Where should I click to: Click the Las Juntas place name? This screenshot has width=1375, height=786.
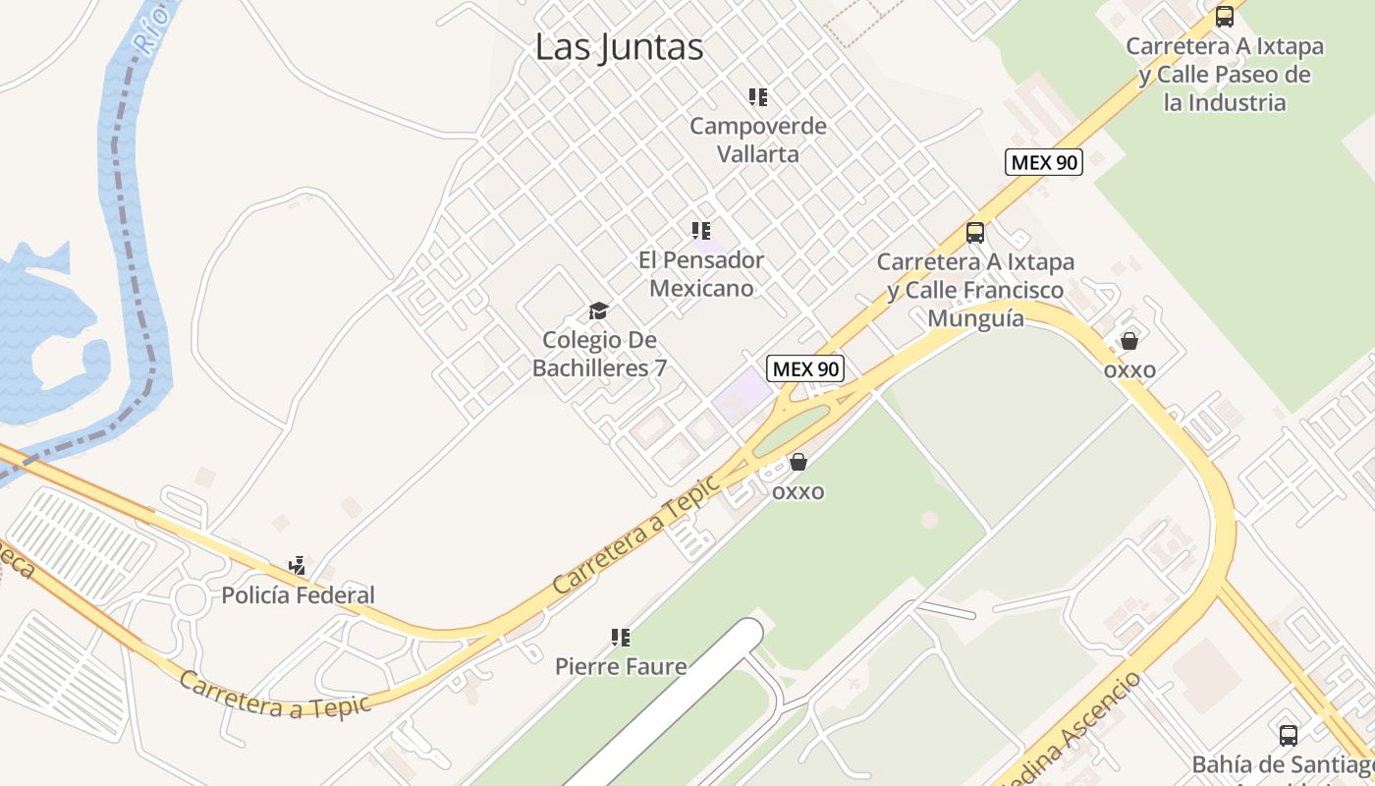coord(620,47)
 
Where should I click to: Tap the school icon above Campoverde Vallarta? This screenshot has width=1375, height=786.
coord(757,97)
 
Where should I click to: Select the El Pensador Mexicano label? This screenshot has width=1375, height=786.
coord(701,274)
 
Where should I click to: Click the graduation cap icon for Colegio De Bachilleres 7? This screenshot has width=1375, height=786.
coord(598,311)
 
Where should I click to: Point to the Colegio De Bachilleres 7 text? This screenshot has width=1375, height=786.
coord(599,355)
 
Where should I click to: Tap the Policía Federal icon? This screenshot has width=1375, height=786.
coord(297,566)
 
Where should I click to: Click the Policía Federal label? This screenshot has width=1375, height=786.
coord(298,595)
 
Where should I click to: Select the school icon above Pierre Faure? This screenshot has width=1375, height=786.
coord(620,638)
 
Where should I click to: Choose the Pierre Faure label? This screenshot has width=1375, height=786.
coord(621,666)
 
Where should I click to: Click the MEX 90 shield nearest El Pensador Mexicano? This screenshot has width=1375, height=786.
coord(805,368)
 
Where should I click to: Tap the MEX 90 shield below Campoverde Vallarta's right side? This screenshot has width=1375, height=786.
coord(1043,162)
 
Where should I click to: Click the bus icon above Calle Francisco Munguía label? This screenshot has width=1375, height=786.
coord(974,233)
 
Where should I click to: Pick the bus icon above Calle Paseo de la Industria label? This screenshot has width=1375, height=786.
coord(1224,17)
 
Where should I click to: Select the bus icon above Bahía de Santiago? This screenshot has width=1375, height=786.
coord(1288,735)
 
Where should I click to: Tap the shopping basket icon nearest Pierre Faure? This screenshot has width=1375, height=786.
coord(798,462)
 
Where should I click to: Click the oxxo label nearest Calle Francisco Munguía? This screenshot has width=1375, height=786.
coord(1129,370)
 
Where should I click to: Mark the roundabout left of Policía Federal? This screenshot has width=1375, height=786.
coord(190,597)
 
